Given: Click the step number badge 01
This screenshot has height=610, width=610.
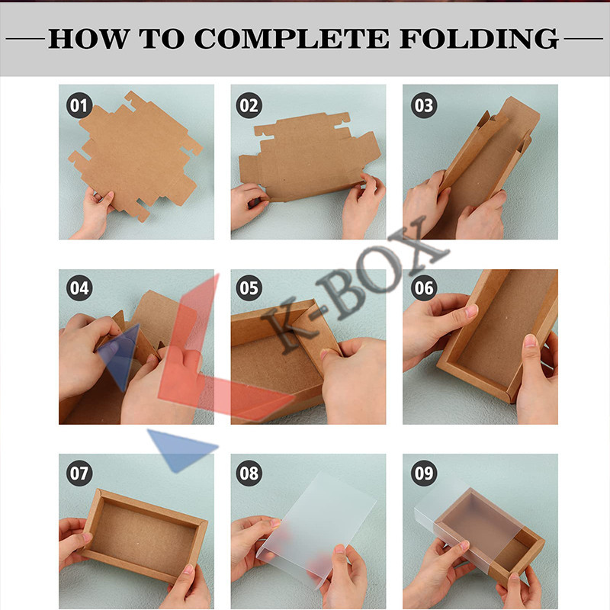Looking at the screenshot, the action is [x=79, y=105].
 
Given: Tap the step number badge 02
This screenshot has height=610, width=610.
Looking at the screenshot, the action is [x=249, y=105].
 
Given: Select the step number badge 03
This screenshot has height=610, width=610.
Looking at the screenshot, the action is [x=424, y=105].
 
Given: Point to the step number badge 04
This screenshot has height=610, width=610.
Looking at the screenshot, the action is [x=79, y=288].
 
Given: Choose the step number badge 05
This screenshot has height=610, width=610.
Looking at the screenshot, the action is [x=249, y=288].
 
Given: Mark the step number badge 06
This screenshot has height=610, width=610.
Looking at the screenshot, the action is [x=424, y=288].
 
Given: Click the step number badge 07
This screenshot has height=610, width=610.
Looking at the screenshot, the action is [x=79, y=473].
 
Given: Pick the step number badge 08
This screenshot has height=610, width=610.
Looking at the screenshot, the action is [x=249, y=473].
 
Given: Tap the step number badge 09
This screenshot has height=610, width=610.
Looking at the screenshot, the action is [x=424, y=473].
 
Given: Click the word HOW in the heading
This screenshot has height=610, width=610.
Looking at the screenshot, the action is [x=89, y=39].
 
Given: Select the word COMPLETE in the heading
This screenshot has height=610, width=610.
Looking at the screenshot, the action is [x=291, y=39].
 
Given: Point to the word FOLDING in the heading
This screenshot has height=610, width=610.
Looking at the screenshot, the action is [x=480, y=39].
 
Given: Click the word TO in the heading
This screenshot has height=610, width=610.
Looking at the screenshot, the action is [x=162, y=39].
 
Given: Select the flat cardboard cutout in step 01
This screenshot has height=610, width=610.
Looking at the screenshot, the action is [x=136, y=156].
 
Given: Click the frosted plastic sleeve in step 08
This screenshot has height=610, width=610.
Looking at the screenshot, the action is [x=316, y=529].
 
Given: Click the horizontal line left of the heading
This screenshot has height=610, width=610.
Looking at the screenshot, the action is [x=25, y=39].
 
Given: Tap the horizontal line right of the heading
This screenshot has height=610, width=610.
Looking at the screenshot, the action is [x=583, y=39].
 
